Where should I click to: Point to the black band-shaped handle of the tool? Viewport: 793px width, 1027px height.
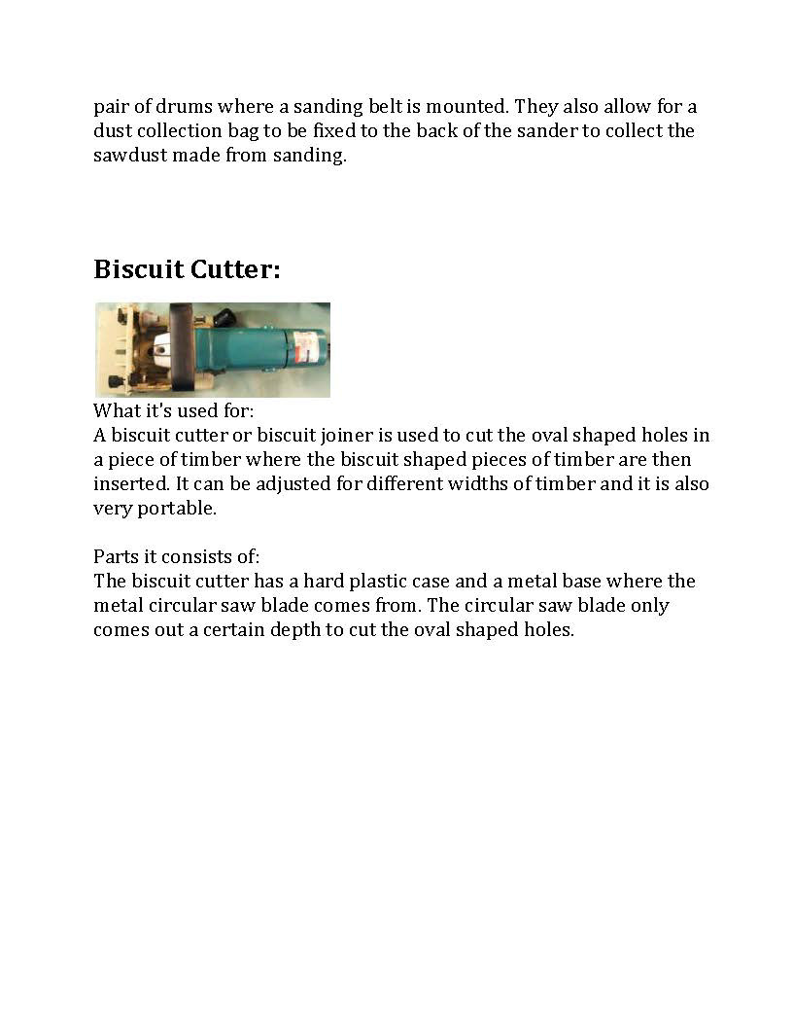tap(182, 348)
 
